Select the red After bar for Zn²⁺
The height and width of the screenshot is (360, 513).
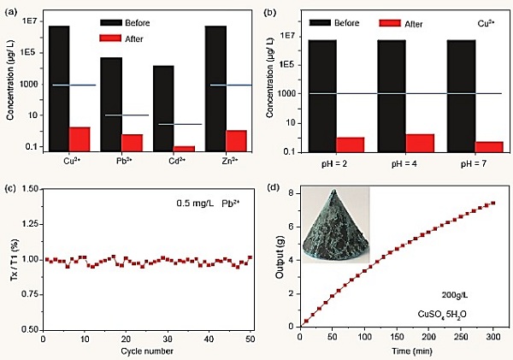pyautogui.click(x=237, y=141)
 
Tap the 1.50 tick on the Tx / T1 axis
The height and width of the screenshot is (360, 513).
pyautogui.click(x=32, y=189)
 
